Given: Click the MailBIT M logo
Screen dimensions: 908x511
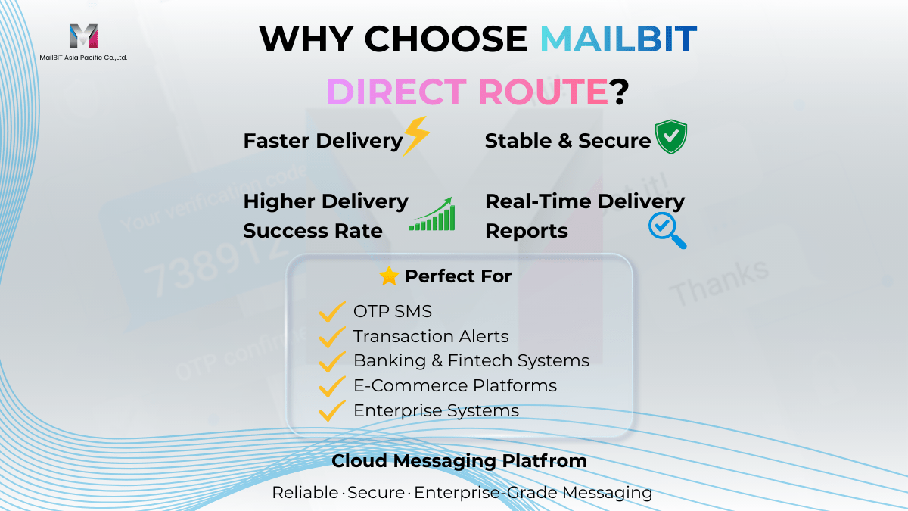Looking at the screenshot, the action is click(83, 36).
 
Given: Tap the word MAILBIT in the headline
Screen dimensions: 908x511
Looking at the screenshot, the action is click(619, 39).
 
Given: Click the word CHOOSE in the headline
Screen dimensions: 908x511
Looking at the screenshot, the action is click(446, 39).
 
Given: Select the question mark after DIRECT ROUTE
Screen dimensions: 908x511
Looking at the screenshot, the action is click(619, 92).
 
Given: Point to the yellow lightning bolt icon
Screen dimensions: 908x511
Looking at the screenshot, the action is click(416, 136).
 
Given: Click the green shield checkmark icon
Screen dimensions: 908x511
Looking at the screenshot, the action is click(671, 136).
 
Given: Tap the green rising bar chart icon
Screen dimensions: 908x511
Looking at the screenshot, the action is click(433, 214).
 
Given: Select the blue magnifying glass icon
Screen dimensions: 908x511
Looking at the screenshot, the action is click(667, 230).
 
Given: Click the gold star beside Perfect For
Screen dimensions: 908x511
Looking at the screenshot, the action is click(389, 276).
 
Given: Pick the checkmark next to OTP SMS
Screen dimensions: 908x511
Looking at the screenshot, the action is click(332, 312).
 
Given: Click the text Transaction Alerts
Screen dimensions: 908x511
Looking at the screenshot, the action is click(431, 336).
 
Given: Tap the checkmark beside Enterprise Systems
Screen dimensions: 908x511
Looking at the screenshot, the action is click(332, 411).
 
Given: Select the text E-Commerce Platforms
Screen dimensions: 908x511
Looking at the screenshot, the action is click(456, 385).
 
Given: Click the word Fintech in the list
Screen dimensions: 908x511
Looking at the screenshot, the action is click(480, 360).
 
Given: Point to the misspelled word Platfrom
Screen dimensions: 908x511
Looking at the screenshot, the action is click(544, 461).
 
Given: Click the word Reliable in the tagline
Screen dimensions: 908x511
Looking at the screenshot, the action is click(305, 493).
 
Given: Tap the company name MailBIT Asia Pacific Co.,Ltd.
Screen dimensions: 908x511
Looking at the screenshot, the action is click(83, 58).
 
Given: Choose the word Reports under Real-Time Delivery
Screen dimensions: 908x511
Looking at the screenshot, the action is click(527, 231).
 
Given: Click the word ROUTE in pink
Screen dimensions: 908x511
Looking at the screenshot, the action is click(543, 92).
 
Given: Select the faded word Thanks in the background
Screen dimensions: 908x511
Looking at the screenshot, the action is click(719, 282).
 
